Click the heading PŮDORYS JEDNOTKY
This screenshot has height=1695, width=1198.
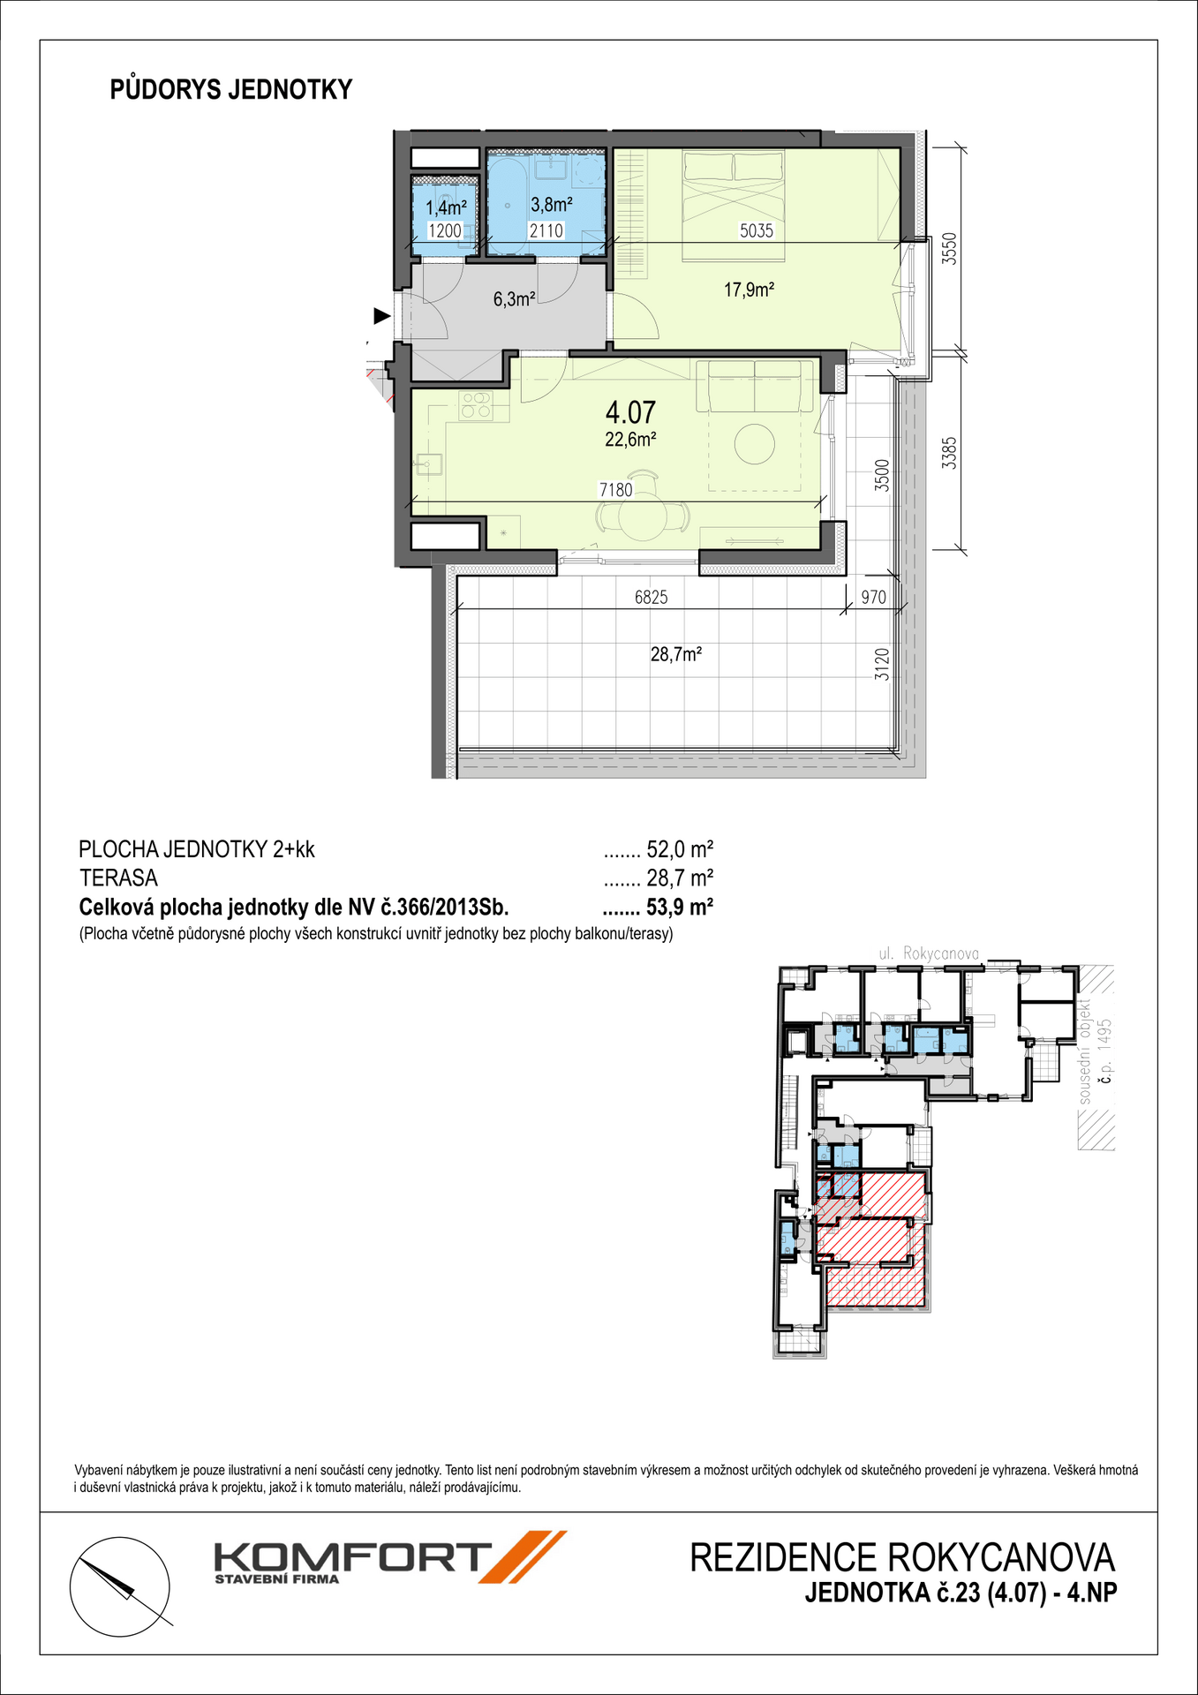pos(231,90)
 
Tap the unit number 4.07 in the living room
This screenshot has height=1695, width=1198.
pos(630,412)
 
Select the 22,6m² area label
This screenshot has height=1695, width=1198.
pos(630,440)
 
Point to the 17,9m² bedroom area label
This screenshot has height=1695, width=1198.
pos(749,290)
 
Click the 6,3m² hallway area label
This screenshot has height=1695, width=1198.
pos(514,299)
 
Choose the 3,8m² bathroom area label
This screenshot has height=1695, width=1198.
pos(551,205)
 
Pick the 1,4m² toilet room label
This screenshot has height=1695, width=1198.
pos(445,208)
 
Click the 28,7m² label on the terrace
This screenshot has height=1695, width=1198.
pos(676,654)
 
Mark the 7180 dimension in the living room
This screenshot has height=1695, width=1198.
pos(615,490)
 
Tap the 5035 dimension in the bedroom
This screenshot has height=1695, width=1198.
pos(756,231)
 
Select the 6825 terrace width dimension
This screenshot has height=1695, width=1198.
pos(651,598)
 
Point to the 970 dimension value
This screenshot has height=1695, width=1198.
pos(873,598)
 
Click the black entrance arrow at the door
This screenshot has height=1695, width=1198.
pos(381,315)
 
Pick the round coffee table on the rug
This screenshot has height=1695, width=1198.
pos(756,444)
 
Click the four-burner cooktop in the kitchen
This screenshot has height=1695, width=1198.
pos(476,405)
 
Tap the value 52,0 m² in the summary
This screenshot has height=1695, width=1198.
pos(680,850)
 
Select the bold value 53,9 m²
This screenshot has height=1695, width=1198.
pos(680,908)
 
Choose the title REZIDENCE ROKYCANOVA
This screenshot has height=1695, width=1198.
pos(902,1559)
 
